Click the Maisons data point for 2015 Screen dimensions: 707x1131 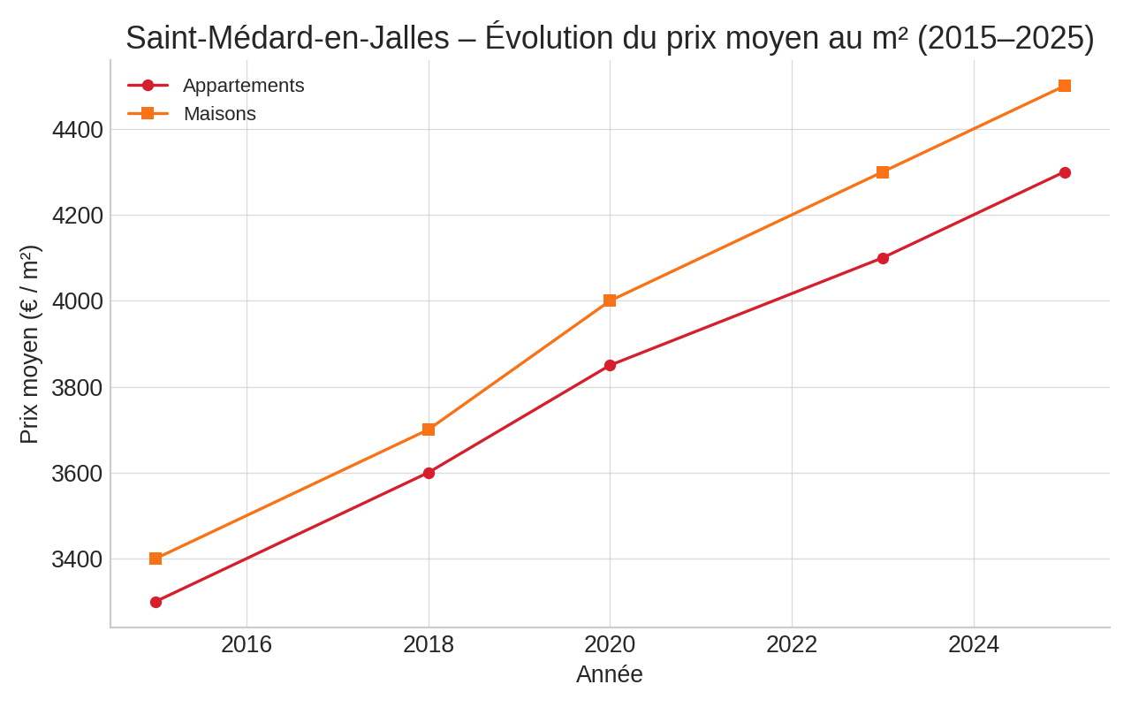pos(156,559)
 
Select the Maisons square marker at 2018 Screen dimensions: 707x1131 pos(429,430)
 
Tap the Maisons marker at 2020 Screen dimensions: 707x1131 pos(610,300)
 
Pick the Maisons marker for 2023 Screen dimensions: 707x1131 pos(883,172)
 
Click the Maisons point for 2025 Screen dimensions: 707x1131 pos(1065,86)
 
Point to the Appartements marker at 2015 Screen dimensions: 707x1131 pos(156,602)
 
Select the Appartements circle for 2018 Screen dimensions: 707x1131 pos(429,473)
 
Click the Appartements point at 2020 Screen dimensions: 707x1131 pos(610,365)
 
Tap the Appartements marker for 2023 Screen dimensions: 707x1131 pos(883,258)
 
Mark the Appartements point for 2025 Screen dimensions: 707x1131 pos(1065,172)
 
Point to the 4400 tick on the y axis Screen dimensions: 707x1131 pos(78,130)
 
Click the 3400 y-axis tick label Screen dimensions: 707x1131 pos(78,559)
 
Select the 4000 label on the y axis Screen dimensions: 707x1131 pos(78,301)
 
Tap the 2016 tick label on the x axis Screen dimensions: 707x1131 pos(247,644)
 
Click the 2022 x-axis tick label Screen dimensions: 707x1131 pos(792,644)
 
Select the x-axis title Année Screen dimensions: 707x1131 pos(610,674)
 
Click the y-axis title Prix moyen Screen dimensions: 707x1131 pos(29,345)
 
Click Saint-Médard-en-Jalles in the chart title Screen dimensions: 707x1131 pos(287,38)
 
